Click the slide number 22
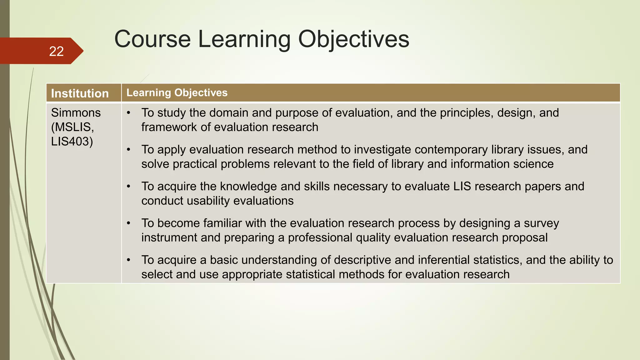[x=56, y=52]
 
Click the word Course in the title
[x=152, y=39]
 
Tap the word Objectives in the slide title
[x=353, y=39]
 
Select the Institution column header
[x=80, y=93]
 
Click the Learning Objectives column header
[x=177, y=93]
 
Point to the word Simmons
[x=76, y=113]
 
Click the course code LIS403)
[x=72, y=142]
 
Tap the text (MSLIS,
[x=72, y=127]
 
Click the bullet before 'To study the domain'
[x=128, y=113]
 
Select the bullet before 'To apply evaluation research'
[x=128, y=150]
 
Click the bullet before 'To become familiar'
[x=128, y=223]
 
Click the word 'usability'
[x=208, y=201]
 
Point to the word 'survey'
[x=541, y=223]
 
